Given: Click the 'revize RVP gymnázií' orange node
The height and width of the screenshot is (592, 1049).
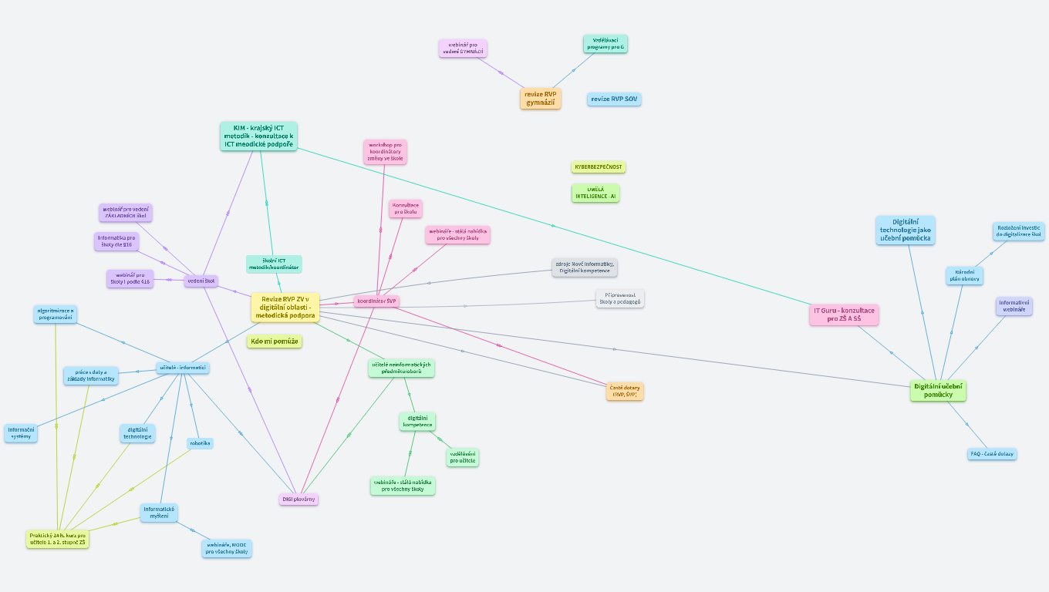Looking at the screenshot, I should [x=540, y=99].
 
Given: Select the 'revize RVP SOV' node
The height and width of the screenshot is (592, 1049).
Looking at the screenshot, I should [x=614, y=99].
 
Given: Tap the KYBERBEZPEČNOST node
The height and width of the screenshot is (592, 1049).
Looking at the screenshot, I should [x=599, y=167].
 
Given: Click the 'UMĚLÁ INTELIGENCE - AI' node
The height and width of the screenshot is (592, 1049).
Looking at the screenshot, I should [x=595, y=193].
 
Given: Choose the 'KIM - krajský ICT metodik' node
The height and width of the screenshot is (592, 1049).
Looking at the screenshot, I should [x=258, y=136].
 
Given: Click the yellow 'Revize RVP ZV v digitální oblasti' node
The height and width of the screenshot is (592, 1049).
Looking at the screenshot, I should [x=285, y=308].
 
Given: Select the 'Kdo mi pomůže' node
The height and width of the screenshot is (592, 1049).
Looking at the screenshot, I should [x=275, y=341].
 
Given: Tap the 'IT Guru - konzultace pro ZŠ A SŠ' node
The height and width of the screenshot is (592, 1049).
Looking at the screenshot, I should [x=844, y=314].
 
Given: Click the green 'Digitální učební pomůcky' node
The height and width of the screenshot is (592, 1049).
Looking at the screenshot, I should [x=938, y=391].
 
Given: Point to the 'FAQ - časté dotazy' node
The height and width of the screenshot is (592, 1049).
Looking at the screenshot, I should [x=992, y=454].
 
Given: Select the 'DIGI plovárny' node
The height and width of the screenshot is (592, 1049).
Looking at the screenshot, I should [x=299, y=499].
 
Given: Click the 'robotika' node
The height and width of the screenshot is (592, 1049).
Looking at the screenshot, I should [x=200, y=443].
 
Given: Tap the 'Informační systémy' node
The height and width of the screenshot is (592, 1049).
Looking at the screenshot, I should [x=21, y=433].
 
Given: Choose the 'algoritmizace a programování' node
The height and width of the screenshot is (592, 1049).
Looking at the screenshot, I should [x=56, y=314].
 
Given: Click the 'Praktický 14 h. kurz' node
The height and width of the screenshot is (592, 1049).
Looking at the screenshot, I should [x=58, y=539].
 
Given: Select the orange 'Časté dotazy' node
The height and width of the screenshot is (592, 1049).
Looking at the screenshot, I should [x=625, y=392].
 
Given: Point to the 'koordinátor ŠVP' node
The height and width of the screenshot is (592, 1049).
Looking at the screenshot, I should [x=376, y=301].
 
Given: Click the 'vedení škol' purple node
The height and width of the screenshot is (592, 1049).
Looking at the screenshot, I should [x=201, y=281].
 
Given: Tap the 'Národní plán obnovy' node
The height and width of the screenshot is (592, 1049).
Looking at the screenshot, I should [x=964, y=276].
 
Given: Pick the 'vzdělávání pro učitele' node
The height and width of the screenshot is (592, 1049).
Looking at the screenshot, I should [x=463, y=457].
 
